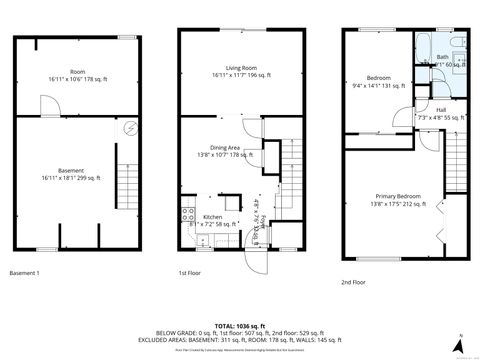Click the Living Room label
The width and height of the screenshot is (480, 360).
(x=241, y=66)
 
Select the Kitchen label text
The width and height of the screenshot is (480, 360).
(x=213, y=216)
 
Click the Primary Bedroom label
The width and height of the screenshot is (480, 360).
(x=398, y=195)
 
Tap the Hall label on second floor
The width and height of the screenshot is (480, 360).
(x=441, y=110)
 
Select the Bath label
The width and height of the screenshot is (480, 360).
(x=442, y=57)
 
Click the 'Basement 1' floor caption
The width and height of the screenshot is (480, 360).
(x=24, y=273)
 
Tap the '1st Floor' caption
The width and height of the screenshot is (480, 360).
(x=191, y=273)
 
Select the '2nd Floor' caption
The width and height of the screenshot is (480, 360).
(x=353, y=282)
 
